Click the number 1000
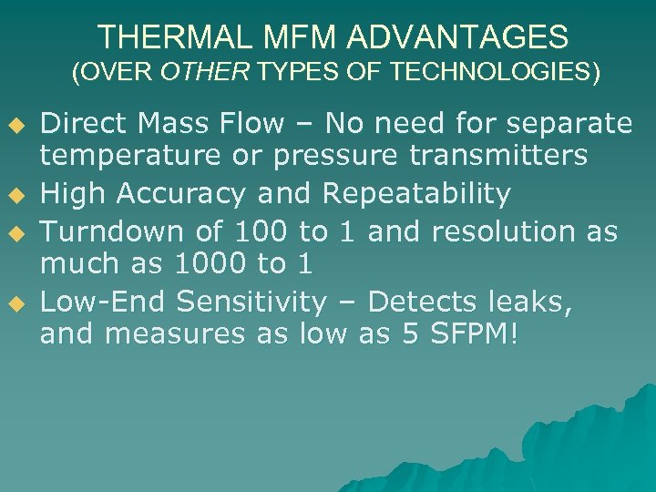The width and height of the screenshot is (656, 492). click(210, 264)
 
